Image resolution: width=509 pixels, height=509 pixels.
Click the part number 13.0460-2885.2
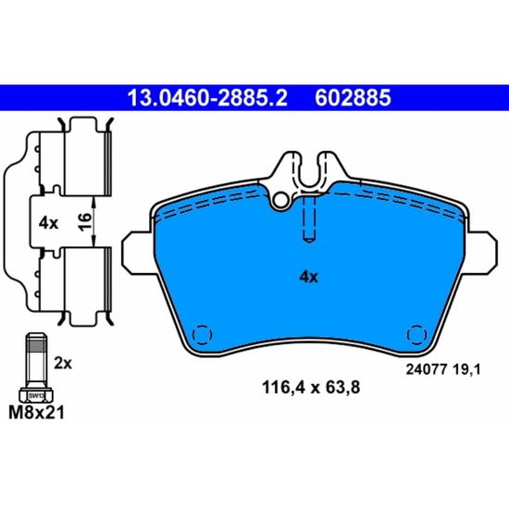[207, 98]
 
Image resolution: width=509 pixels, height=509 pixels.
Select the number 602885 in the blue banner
[353, 98]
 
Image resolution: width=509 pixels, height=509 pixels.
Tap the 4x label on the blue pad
[309, 277]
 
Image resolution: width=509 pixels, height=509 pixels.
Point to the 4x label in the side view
[48, 223]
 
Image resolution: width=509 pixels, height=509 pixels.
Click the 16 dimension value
[85, 222]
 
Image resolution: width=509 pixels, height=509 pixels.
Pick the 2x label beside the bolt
[63, 364]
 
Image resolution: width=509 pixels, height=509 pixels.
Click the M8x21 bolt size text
[36, 414]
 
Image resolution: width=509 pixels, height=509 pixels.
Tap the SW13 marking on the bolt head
[36, 396]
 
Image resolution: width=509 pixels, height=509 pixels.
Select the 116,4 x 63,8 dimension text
[311, 388]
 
